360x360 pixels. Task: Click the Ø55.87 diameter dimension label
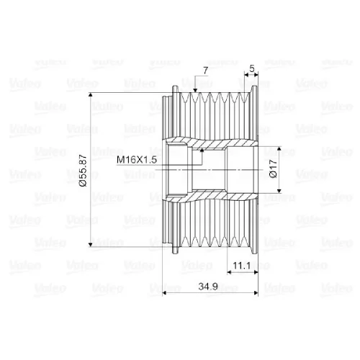pyautogui.click(x=83, y=171)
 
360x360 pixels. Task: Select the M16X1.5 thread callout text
pyautogui.click(x=137, y=160)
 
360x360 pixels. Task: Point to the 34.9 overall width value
pyautogui.click(x=208, y=287)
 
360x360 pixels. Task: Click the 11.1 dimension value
pyautogui.click(x=242, y=266)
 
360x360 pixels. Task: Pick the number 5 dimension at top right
pyautogui.click(x=252, y=68)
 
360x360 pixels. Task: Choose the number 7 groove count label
pyautogui.click(x=206, y=71)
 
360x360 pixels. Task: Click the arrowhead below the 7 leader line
pyautogui.click(x=195, y=90)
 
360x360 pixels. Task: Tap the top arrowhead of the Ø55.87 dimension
pyautogui.click(x=90, y=94)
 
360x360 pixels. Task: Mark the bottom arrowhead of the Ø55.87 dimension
pyautogui.click(x=90, y=245)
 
